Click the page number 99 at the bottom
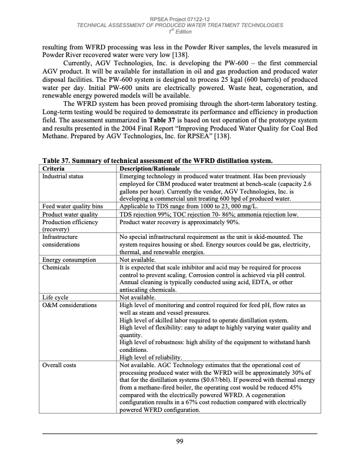tap(179, 442)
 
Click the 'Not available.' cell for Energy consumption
tap(138, 259)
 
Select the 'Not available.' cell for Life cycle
tap(138, 298)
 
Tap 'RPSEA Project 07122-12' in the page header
tap(180, 19)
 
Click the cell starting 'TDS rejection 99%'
tap(213, 215)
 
